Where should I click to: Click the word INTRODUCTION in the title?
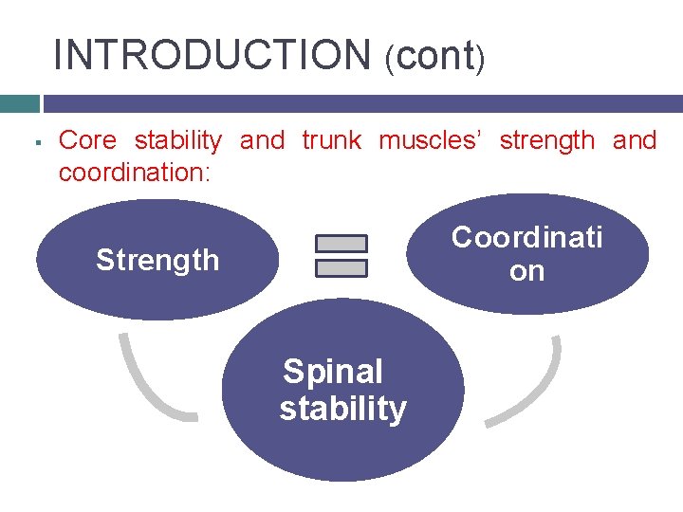(212, 55)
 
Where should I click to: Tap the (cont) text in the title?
(435, 57)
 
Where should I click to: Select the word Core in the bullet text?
(88, 141)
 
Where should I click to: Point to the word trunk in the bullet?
(331, 141)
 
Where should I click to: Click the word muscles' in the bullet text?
(432, 141)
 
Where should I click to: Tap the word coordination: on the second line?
(133, 174)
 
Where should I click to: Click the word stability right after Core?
(178, 141)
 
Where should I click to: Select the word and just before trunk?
(262, 141)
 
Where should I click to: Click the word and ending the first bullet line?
(635, 141)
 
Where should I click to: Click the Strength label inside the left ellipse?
(157, 260)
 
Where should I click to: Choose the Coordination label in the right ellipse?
(526, 253)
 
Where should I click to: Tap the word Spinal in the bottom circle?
(333, 372)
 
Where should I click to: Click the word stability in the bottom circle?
(342, 409)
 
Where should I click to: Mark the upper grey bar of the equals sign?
(341, 244)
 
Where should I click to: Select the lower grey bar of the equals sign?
(341, 268)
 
